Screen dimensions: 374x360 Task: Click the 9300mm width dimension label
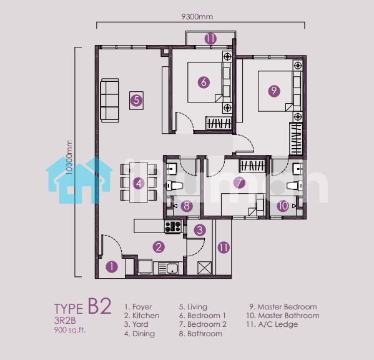197,17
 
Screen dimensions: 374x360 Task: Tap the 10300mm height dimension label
69,157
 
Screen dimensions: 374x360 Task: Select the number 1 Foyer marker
112,267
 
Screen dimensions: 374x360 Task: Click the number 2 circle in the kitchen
159,247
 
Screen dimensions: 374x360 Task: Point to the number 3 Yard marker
200,230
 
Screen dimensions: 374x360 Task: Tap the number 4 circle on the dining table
139,184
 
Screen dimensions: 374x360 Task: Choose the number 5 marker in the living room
137,100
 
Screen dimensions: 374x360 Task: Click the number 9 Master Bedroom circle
274,91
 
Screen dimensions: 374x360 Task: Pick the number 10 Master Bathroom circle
283,206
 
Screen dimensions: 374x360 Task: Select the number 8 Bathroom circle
187,206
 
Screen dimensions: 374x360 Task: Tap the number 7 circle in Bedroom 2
239,183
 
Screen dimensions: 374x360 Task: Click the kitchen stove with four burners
173,226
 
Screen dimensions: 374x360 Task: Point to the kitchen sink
169,268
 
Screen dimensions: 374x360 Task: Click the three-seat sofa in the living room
110,101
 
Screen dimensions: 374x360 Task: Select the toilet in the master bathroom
295,186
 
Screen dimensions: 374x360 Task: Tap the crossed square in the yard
204,268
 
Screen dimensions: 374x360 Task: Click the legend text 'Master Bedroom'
287,307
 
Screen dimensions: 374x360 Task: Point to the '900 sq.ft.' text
70,330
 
